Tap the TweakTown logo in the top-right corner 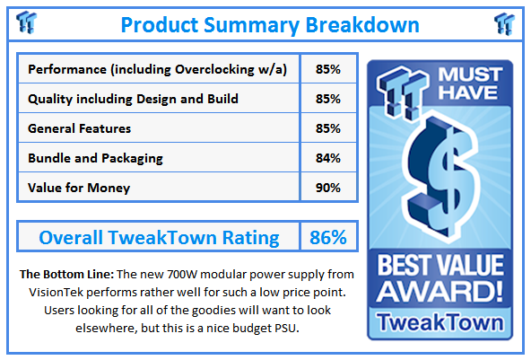coord(504,22)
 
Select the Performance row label coord(157,69)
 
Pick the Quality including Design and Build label coord(133,99)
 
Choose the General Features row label coord(80,128)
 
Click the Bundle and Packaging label coord(95,158)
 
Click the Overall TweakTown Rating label coord(158,238)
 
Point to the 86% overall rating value coord(327,238)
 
